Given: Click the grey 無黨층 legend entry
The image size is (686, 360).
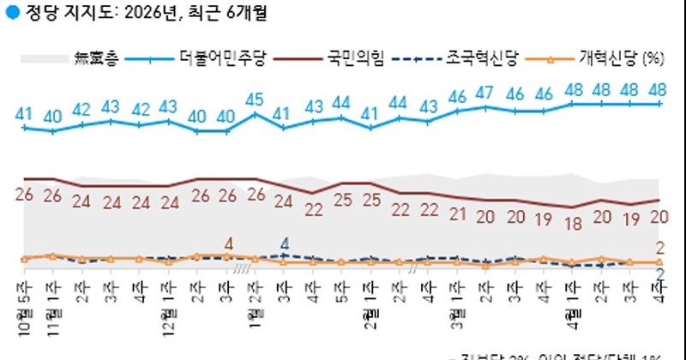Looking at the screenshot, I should (x=96, y=59).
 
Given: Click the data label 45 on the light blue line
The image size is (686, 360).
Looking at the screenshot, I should (x=255, y=99).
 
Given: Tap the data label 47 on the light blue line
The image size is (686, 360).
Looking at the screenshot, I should (x=485, y=93).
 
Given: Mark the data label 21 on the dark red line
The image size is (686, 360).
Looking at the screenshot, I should (x=456, y=213).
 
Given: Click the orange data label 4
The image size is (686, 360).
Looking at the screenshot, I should (x=227, y=243).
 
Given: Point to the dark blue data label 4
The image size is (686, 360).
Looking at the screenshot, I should (x=285, y=243).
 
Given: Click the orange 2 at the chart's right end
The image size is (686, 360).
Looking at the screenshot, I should (x=660, y=249).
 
